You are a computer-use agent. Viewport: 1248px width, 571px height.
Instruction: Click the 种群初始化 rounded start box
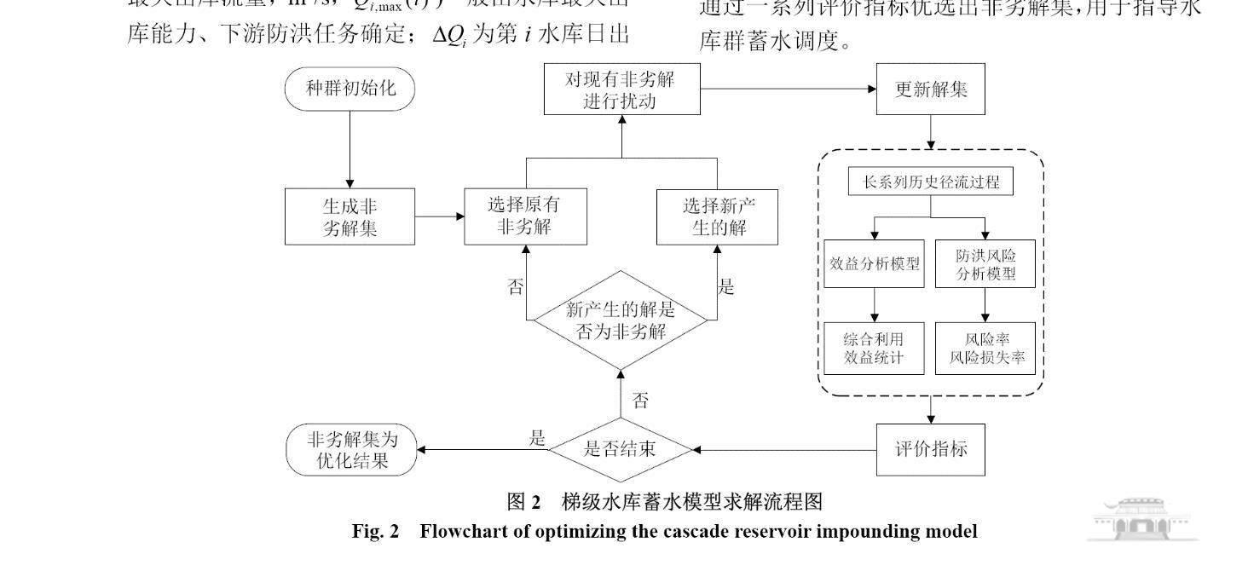click(x=350, y=88)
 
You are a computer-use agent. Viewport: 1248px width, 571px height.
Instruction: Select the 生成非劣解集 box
click(x=350, y=217)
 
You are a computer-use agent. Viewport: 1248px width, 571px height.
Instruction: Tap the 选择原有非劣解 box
click(x=525, y=217)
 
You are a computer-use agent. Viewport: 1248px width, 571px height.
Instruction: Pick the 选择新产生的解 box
click(x=717, y=217)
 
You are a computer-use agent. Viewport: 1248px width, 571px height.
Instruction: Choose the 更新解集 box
click(x=930, y=89)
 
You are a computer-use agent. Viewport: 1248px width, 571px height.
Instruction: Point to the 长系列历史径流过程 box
click(x=930, y=182)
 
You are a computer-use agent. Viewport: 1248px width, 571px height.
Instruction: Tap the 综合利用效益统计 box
click(x=875, y=348)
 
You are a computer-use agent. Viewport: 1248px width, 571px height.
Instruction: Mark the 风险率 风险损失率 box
click(x=985, y=348)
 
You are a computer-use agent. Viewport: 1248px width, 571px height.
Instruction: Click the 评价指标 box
click(x=930, y=448)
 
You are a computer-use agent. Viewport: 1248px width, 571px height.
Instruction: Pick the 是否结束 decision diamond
click(x=620, y=448)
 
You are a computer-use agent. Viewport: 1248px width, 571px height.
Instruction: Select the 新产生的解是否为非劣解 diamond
click(x=620, y=320)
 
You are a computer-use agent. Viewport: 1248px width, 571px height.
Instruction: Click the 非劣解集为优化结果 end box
click(x=352, y=449)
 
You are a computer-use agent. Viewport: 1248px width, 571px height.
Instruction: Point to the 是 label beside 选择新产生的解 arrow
click(x=726, y=286)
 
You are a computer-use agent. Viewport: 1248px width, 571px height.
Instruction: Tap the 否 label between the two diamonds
click(x=639, y=398)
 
